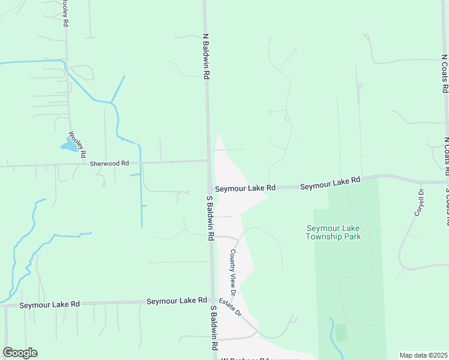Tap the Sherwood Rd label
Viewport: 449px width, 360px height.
click(x=109, y=163)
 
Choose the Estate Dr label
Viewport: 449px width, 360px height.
click(x=229, y=307)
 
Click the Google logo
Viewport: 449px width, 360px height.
click(x=20, y=353)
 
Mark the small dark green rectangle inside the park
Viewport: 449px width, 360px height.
click(x=341, y=332)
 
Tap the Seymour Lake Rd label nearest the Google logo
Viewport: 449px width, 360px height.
click(x=49, y=305)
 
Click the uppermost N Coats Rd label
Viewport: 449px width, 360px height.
click(x=445, y=73)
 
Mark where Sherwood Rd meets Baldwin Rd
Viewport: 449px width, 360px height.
click(x=208, y=160)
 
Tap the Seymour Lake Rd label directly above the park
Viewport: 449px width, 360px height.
click(x=330, y=183)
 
